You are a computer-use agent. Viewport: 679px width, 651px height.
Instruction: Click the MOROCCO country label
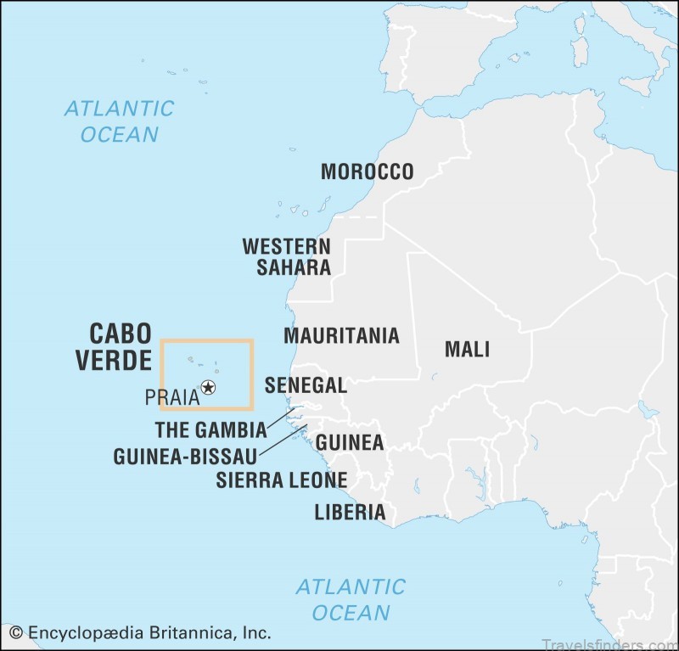coord(367,171)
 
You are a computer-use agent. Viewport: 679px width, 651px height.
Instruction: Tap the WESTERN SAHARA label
coord(286,257)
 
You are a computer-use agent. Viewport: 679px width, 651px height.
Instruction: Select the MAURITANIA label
coord(341,335)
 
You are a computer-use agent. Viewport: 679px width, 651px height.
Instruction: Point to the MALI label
coord(467,349)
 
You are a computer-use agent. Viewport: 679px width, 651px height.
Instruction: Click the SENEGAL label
coord(306,385)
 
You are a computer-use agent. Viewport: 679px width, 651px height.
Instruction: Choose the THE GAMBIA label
coord(210,429)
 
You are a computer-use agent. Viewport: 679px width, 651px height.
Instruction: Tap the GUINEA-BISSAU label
coord(185,457)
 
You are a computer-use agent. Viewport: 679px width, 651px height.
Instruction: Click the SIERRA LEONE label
coord(281,480)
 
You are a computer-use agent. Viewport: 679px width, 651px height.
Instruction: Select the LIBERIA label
coord(350,512)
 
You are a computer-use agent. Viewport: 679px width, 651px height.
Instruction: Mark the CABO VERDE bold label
coord(113,346)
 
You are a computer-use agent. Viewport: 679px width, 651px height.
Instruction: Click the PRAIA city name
coord(171,396)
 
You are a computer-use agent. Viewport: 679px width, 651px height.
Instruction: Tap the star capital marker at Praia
coord(208,388)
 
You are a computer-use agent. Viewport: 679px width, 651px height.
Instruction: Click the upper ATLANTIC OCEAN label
coord(119,121)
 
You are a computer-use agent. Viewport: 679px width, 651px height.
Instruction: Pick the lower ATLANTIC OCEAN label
coord(350,599)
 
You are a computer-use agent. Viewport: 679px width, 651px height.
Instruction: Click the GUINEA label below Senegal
coord(350,442)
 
